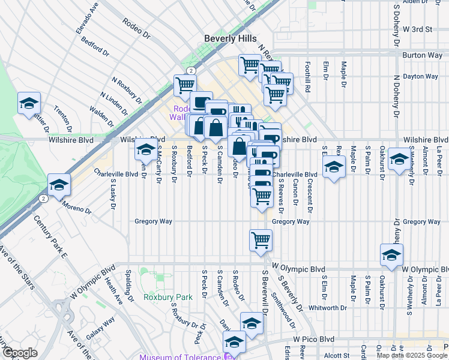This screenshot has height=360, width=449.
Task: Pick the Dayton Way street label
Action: (420, 76)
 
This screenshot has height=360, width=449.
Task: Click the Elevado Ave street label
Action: (86, 20)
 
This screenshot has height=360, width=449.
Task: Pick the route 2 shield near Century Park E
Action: (43, 197)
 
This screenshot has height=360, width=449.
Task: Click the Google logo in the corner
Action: (19, 353)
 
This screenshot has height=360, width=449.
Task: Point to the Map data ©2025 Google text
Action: (412, 355)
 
